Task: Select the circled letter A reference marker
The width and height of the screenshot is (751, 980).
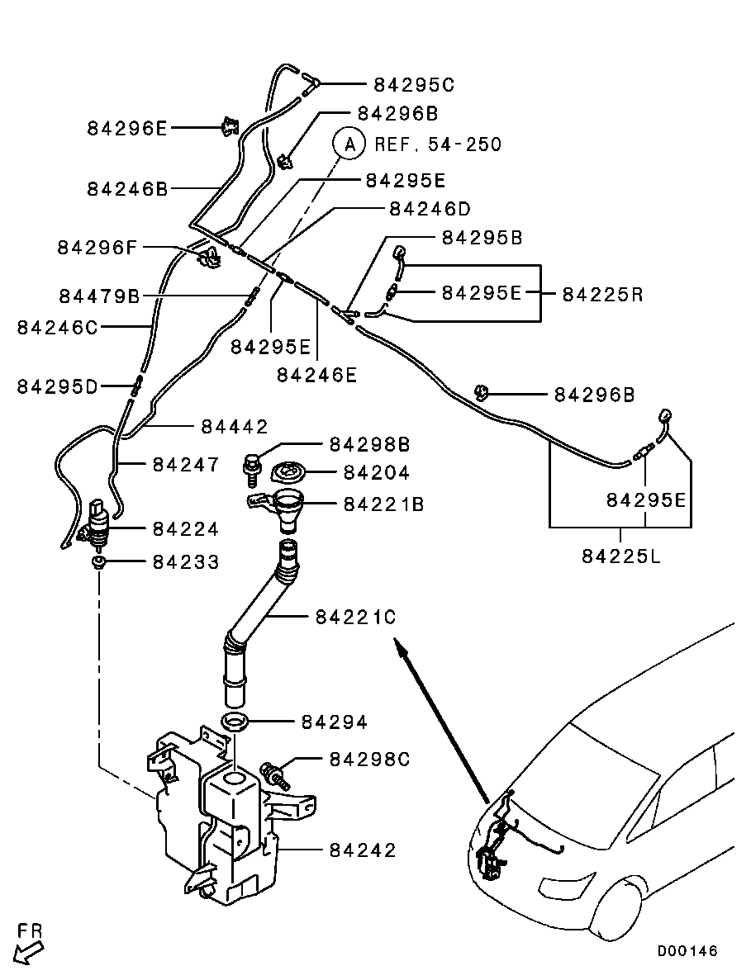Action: point(349,144)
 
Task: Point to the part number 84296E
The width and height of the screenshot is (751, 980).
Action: point(127,128)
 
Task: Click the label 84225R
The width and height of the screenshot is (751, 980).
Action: point(602,293)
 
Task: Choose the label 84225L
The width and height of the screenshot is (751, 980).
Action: point(621,556)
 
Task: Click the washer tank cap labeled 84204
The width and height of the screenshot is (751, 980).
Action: point(288,474)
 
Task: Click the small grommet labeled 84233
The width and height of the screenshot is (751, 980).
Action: point(98,563)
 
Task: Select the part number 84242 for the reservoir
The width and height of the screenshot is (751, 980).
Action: point(363,850)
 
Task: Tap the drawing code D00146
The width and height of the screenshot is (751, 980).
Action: point(687,951)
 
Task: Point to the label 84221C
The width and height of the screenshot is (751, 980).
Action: point(356,617)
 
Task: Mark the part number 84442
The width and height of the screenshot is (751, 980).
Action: point(235,427)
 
